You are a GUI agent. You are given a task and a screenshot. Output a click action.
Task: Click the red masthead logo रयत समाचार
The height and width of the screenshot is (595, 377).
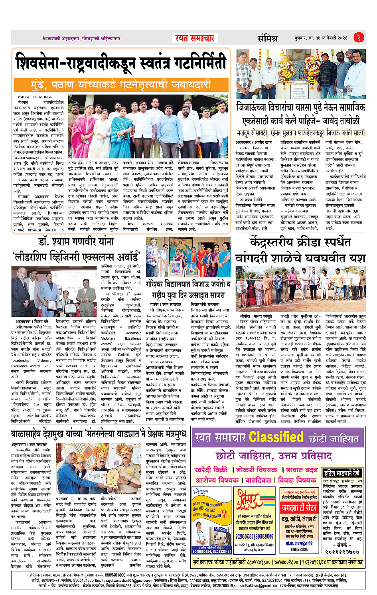coord(195,38)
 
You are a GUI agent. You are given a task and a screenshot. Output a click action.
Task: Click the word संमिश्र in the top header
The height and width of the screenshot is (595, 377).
coord(267,38)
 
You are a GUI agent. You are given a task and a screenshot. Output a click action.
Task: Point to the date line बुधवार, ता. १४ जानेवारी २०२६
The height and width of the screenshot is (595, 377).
coord(321,38)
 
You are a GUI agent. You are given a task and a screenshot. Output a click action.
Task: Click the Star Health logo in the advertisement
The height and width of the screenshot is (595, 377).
coord(201,492)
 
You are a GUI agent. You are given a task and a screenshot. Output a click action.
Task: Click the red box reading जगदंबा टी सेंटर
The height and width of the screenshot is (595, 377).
coord(299,508)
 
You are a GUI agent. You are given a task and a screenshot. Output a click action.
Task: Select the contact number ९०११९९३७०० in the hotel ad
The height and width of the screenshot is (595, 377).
coord(343,552)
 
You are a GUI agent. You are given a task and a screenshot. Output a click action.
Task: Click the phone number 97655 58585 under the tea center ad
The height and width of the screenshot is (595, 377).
coord(299,549)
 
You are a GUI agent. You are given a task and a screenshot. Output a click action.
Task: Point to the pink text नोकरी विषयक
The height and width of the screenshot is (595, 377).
coord(255,470)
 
